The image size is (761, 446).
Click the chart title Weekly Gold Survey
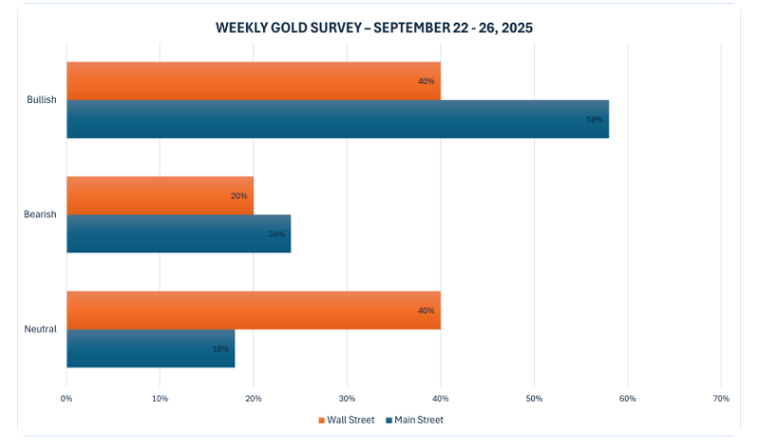(x=373, y=27)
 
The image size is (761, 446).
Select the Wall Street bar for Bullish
(x=253, y=81)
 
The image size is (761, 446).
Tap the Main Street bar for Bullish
(x=337, y=119)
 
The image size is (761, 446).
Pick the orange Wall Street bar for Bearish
(x=160, y=196)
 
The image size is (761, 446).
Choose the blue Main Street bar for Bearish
(x=179, y=233)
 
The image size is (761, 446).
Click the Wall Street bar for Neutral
(x=253, y=310)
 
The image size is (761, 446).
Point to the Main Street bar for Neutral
(x=150, y=349)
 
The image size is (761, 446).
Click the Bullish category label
(x=42, y=100)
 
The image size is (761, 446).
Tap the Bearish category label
(x=40, y=214)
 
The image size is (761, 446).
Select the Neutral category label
(x=41, y=329)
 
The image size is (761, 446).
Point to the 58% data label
(x=595, y=119)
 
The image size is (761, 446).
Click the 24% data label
(x=276, y=233)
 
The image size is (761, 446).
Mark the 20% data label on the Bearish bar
(x=238, y=196)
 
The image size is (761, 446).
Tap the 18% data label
(x=219, y=349)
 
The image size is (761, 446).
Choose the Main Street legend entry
(x=414, y=420)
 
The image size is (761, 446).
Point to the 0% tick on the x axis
(x=66, y=397)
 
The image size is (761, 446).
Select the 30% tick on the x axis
(x=347, y=397)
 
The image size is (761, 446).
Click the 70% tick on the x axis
(x=720, y=397)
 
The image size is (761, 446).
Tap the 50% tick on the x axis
(x=534, y=397)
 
